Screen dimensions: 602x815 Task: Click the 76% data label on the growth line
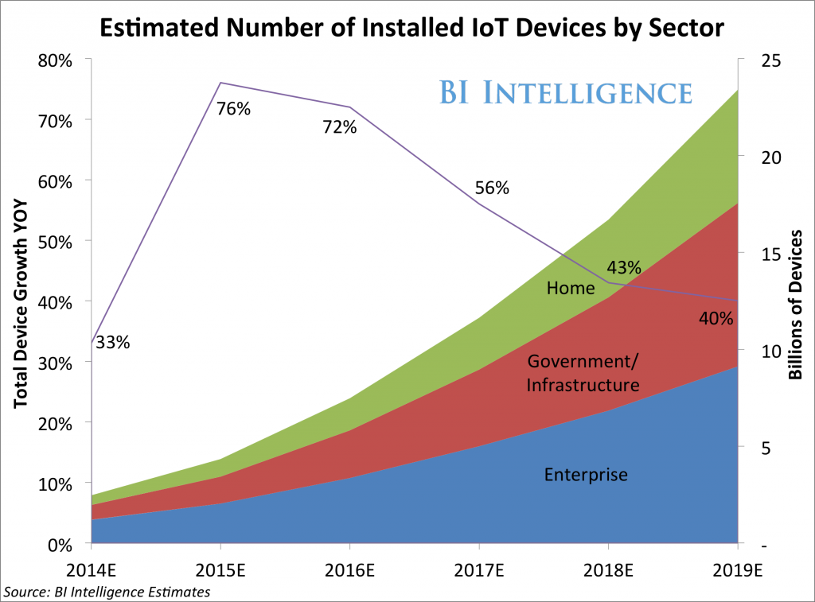click(233, 109)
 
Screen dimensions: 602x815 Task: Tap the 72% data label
click(339, 127)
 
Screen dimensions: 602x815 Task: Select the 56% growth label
click(492, 188)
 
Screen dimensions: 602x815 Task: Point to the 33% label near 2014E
click(113, 343)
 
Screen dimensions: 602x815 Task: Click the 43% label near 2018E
click(624, 268)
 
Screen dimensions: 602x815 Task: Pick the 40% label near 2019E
click(716, 318)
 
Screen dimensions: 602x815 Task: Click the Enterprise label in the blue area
click(586, 475)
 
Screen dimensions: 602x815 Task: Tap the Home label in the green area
click(571, 287)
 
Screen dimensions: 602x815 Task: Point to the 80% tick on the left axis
click(57, 60)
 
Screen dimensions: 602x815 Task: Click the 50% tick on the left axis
click(57, 242)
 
